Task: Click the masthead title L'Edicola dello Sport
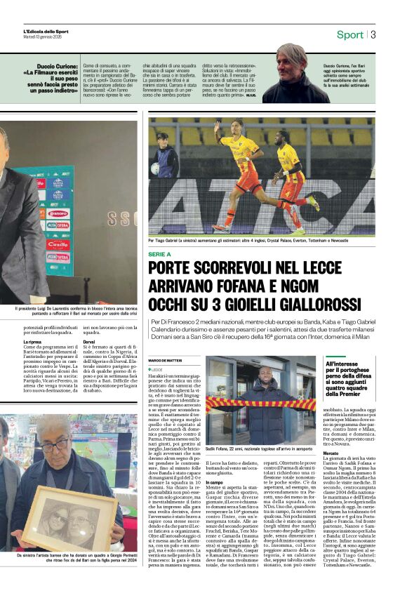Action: [x=46, y=31]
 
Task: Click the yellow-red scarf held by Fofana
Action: [x=260, y=404]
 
